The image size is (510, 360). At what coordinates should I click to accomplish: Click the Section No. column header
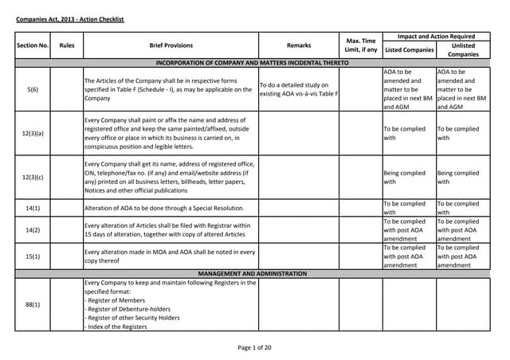click(x=33, y=46)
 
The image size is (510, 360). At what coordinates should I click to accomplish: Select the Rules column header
click(x=67, y=46)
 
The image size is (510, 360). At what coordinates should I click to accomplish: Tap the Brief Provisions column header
click(x=171, y=46)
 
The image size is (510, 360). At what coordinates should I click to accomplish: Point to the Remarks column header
click(x=299, y=46)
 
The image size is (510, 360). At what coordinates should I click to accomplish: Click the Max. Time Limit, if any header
click(x=361, y=45)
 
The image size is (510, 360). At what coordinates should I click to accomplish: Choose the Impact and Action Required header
click(x=437, y=37)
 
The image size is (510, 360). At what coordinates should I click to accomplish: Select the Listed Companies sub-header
click(x=410, y=50)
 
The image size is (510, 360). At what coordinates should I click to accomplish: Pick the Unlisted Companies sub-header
click(x=463, y=50)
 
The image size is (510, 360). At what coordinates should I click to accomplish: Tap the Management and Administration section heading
click(x=252, y=273)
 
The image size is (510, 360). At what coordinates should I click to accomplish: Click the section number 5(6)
click(x=33, y=89)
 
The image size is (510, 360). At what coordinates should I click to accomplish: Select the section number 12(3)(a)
click(x=33, y=133)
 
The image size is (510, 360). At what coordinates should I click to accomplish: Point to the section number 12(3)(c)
click(x=33, y=177)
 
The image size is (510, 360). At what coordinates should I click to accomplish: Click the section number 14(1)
click(x=33, y=208)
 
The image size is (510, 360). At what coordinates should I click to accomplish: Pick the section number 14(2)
click(x=33, y=229)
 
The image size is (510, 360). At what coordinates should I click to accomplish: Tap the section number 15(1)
click(x=33, y=256)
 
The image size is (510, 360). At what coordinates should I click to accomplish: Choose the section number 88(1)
click(x=33, y=304)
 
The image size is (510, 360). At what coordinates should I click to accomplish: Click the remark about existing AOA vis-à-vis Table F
click(x=299, y=89)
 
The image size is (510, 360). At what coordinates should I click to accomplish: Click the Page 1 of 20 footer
click(x=254, y=347)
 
